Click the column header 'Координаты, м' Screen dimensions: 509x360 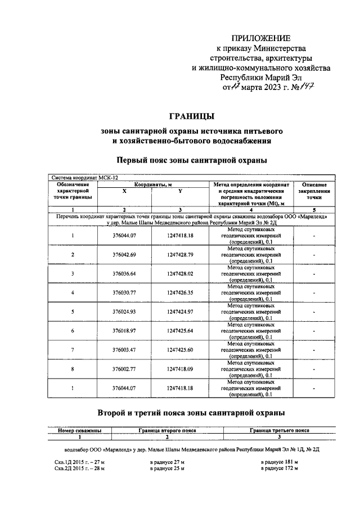point(152,184)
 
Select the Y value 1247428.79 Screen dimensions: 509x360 point(180,255)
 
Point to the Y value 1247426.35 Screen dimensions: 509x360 point(180,292)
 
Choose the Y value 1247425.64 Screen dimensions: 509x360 point(180,331)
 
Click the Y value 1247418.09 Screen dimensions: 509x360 point(180,368)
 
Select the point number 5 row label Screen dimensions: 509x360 point(73,312)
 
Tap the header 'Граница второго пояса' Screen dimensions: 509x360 point(167,430)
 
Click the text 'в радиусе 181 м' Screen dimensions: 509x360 point(280,462)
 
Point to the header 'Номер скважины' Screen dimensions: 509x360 point(79,430)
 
